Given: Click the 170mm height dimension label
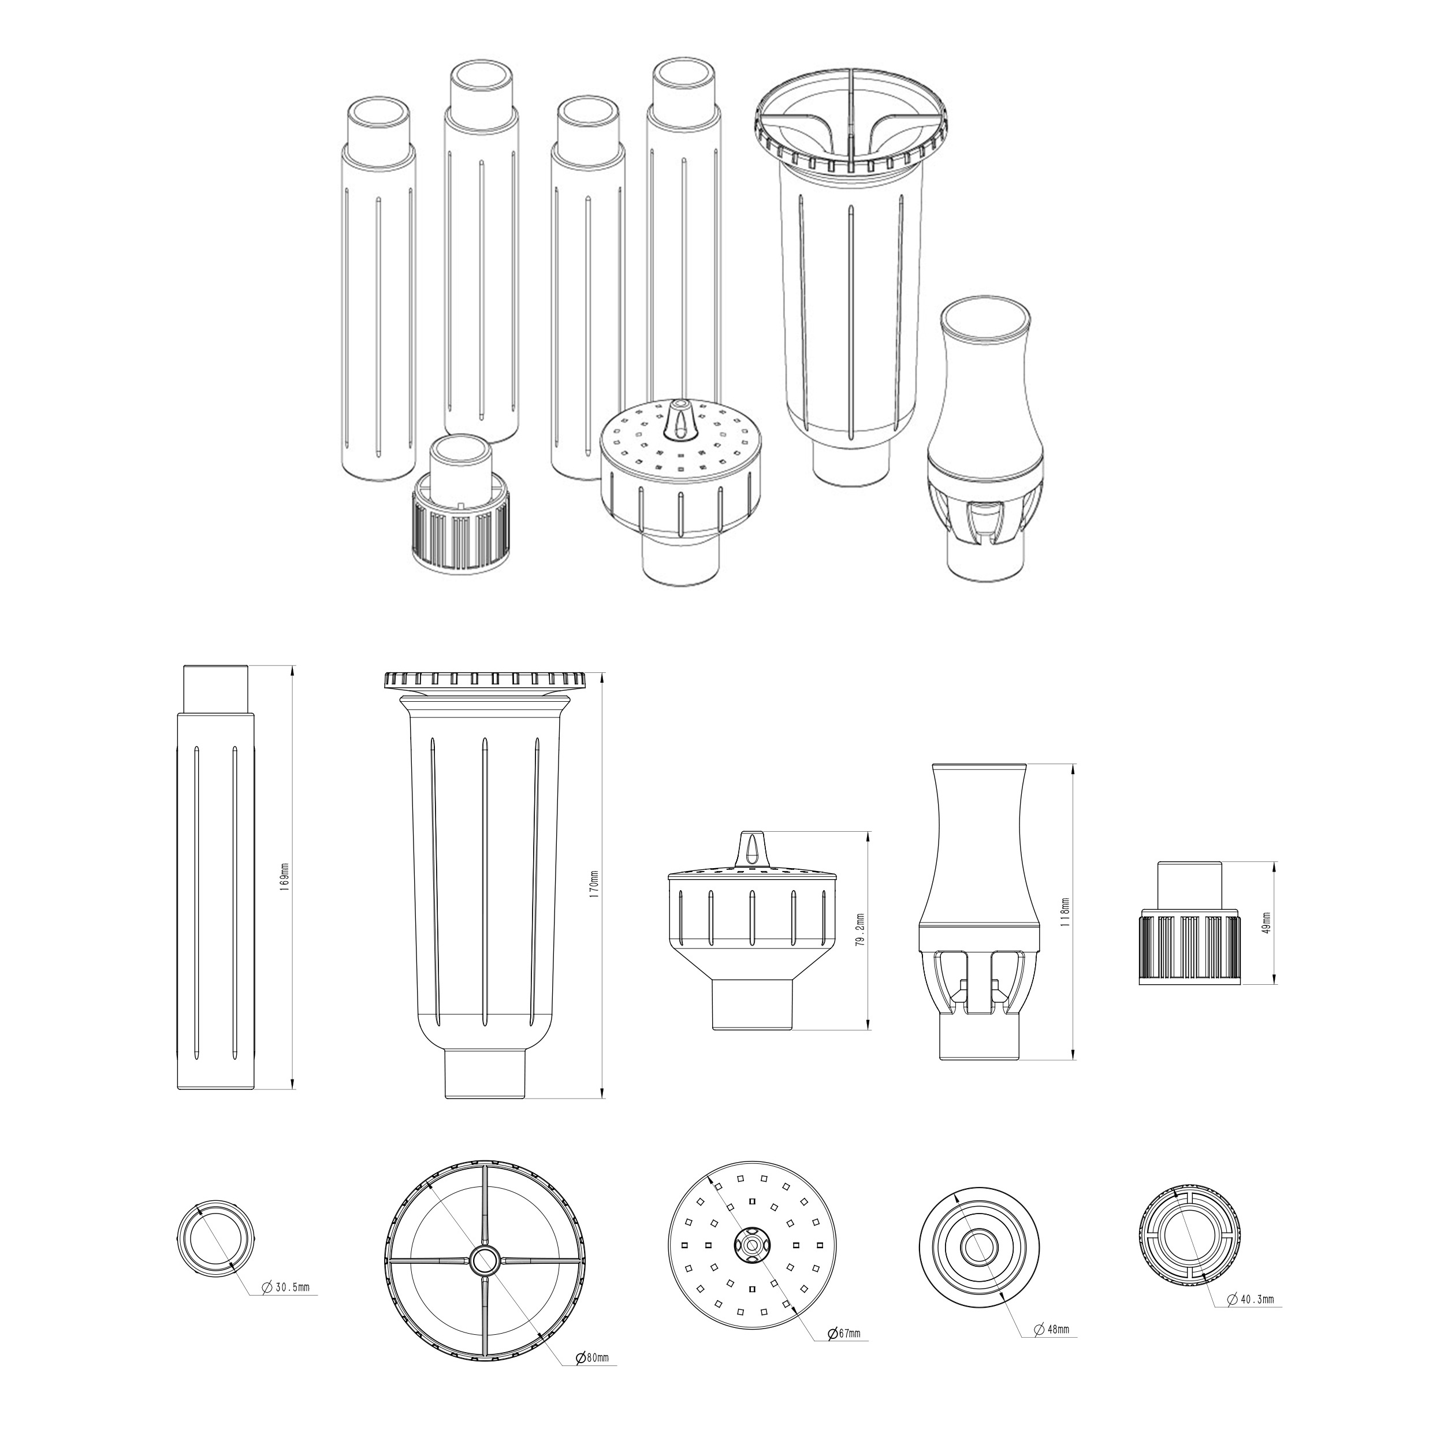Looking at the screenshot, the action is [x=595, y=887].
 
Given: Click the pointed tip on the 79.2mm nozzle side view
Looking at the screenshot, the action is [x=752, y=833].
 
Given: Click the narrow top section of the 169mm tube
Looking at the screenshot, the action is [x=216, y=688].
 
